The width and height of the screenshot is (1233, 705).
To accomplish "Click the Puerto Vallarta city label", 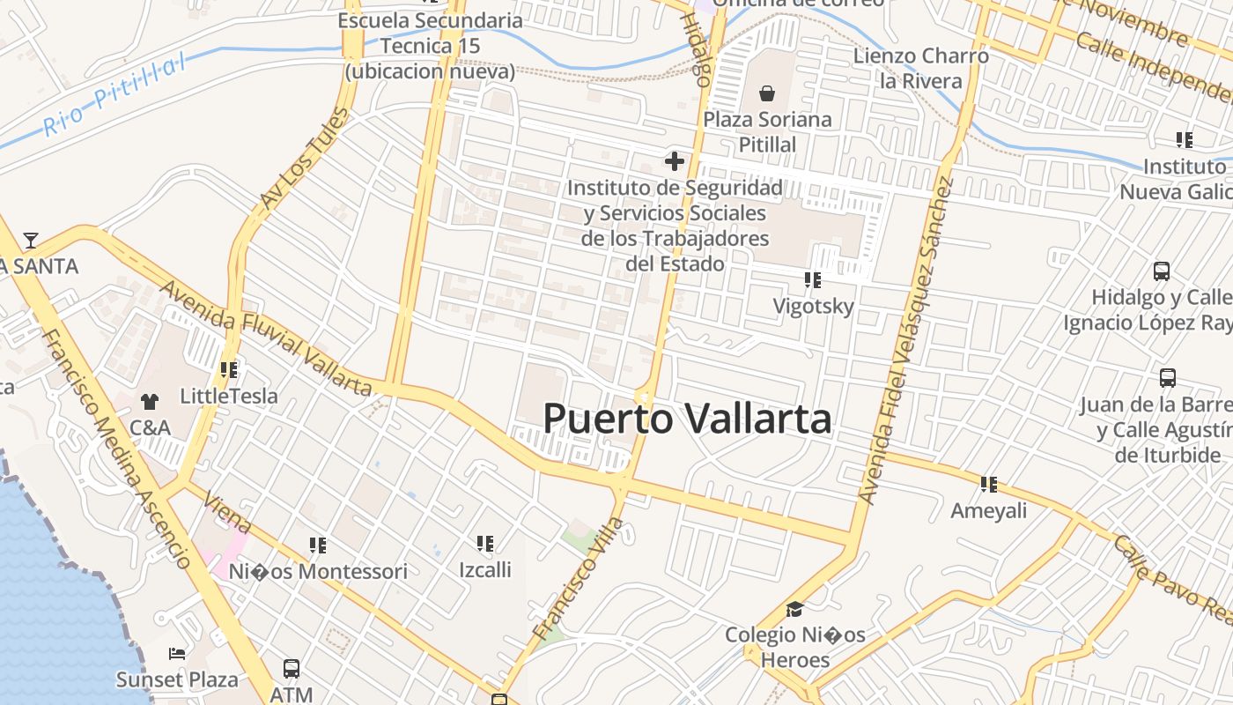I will click(687, 419).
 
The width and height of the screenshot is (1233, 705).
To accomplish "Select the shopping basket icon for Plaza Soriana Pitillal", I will click(767, 93).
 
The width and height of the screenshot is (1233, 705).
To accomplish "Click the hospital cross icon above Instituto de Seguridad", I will click(675, 161).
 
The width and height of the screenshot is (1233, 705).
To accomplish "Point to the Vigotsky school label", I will click(813, 307).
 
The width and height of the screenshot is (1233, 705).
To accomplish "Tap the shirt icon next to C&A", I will click(150, 402).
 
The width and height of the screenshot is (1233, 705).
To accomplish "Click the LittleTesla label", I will click(229, 397).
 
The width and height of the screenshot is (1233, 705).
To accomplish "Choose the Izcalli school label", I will click(484, 569).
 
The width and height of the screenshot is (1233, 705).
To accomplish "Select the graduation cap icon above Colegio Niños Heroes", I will click(794, 609).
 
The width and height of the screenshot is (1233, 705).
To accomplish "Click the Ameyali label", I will click(989, 510).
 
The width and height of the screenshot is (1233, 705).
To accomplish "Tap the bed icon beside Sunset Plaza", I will click(177, 654).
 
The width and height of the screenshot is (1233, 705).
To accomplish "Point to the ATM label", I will click(292, 694).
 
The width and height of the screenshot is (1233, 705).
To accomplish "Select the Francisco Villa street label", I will click(579, 579).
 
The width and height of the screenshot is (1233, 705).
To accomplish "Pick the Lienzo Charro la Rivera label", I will click(920, 69).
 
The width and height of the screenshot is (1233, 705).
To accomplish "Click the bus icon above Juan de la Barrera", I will click(1168, 378).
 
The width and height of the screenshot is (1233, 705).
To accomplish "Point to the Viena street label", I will click(227, 513).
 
